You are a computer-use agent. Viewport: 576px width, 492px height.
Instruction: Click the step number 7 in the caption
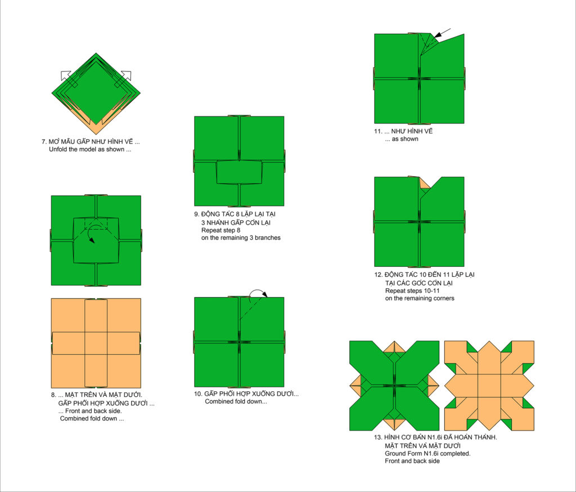tap(43, 141)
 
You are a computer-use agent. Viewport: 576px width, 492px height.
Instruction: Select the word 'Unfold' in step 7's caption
tap(58, 149)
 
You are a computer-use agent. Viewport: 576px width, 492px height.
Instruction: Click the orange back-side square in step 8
tap(96, 343)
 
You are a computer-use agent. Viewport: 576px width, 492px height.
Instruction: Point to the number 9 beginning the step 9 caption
tap(196, 214)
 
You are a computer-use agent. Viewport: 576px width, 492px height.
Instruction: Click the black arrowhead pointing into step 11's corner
tap(437, 35)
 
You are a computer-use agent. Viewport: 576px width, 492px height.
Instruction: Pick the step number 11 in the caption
tap(377, 131)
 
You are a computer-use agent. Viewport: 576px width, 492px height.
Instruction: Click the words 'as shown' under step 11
tap(405, 139)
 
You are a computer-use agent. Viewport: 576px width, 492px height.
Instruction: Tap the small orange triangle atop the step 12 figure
tap(424, 184)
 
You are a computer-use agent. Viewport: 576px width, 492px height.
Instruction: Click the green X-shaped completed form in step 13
tap(394, 386)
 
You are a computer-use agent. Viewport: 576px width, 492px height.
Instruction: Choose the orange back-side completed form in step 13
tap(489, 386)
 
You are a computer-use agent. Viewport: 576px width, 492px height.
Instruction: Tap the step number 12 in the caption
tap(377, 275)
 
